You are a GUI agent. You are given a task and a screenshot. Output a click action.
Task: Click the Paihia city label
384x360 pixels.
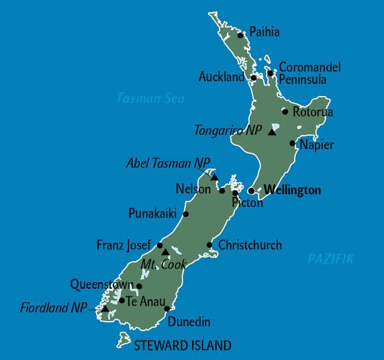pos(264,32)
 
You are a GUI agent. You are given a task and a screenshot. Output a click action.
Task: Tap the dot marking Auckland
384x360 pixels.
pos(254,78)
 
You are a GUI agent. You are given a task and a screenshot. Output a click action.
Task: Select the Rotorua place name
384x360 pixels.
pos(313,112)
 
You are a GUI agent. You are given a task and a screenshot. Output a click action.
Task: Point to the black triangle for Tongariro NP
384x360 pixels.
pos(271,132)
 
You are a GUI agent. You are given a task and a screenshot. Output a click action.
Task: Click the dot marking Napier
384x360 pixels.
pos(293,143)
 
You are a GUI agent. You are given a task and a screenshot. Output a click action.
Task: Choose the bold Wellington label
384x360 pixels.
pos(292,190)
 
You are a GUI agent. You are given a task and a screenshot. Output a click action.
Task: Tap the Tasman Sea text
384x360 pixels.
pos(150,98)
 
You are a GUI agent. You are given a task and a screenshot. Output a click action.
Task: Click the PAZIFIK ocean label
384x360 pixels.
pos(330,259)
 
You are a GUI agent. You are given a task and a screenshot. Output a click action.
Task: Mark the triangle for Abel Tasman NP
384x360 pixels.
pos(213,177)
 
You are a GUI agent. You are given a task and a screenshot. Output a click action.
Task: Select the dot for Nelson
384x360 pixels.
pos(222,191)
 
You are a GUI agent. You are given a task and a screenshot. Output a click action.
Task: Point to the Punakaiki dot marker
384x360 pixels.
pos(186,214)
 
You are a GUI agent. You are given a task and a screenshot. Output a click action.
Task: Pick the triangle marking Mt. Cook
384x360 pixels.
pos(165,252)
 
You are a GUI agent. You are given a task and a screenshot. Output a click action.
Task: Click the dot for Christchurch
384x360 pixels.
pos(210,245)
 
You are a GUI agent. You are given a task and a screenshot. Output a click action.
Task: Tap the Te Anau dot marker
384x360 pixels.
pos(122,300)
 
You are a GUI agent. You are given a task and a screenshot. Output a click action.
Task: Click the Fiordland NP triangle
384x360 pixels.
pos(105,308)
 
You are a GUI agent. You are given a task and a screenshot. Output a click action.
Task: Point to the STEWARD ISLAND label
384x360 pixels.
pos(183,346)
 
